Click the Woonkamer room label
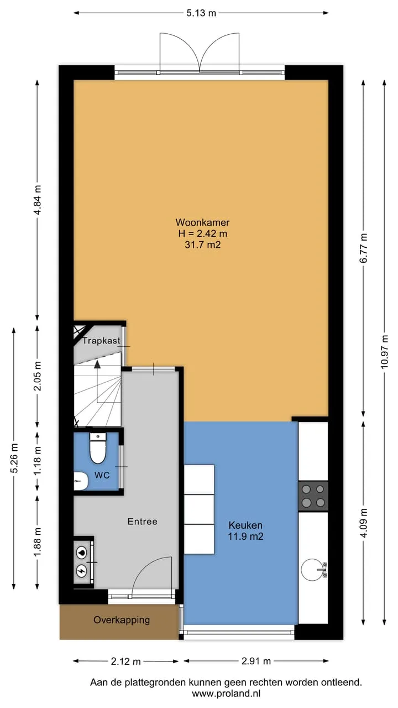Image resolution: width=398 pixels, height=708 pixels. (x=202, y=222)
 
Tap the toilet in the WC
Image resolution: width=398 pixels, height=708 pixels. (x=98, y=448)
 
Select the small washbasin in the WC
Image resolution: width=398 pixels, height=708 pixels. (x=81, y=481)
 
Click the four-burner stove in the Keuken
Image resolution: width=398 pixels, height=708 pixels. (x=313, y=496)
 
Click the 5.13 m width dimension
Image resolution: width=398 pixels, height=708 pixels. (x=201, y=13)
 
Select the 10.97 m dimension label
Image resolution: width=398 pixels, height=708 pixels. (x=384, y=351)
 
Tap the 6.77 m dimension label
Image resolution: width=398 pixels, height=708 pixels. (x=364, y=248)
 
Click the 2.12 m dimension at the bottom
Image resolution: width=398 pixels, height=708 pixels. (x=125, y=661)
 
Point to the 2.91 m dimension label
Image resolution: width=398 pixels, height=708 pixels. (x=256, y=661)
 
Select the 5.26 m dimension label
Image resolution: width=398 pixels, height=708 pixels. (x=14, y=457)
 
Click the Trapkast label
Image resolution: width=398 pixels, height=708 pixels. (x=101, y=341)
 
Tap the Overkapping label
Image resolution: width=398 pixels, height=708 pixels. (x=122, y=620)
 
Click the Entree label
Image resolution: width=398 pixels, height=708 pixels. (x=143, y=522)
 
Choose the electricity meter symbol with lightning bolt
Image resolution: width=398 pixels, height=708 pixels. (x=81, y=570)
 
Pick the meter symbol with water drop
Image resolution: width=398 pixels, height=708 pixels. (x=81, y=553)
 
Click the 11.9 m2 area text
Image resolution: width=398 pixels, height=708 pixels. (x=246, y=537)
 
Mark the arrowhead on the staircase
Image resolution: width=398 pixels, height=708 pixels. (x=97, y=365)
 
